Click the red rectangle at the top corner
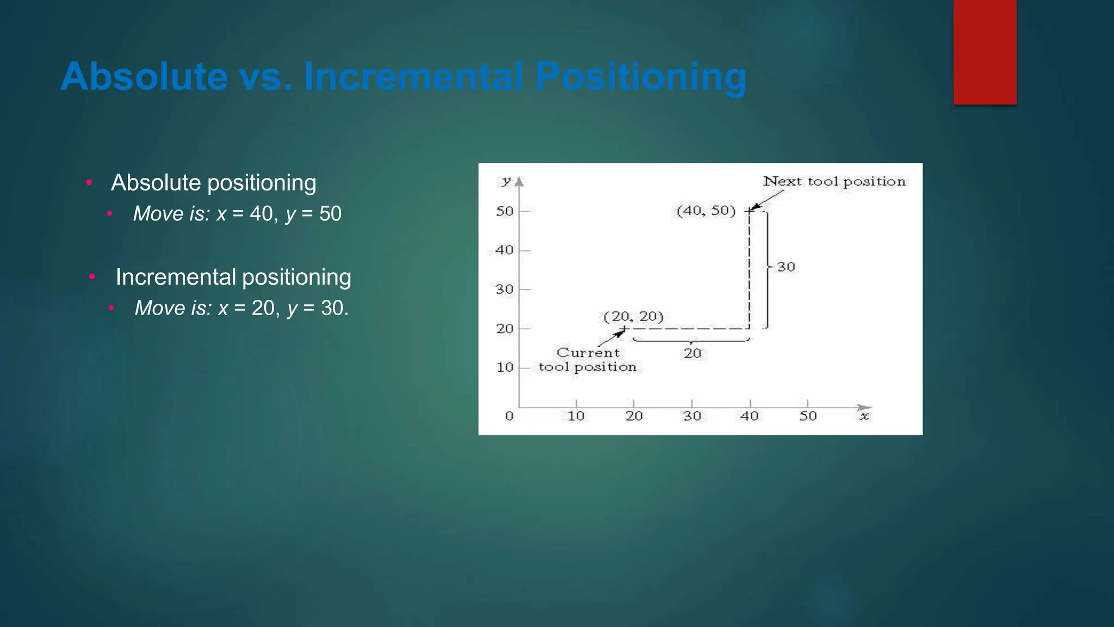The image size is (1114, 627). click(985, 52)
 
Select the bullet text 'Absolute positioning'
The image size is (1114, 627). click(213, 183)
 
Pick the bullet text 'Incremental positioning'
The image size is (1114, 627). click(233, 277)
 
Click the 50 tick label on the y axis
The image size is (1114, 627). click(504, 211)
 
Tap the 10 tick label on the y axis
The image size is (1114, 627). click(505, 367)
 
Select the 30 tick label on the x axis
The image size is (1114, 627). click(692, 416)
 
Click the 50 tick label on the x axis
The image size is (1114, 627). click(808, 416)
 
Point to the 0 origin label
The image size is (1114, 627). click(509, 416)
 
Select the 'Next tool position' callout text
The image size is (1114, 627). click(834, 181)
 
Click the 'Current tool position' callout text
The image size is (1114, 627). click(587, 360)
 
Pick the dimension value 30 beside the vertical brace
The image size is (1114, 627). click(785, 267)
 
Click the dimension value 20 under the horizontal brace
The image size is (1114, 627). click(692, 353)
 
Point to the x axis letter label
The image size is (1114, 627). click(864, 416)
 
